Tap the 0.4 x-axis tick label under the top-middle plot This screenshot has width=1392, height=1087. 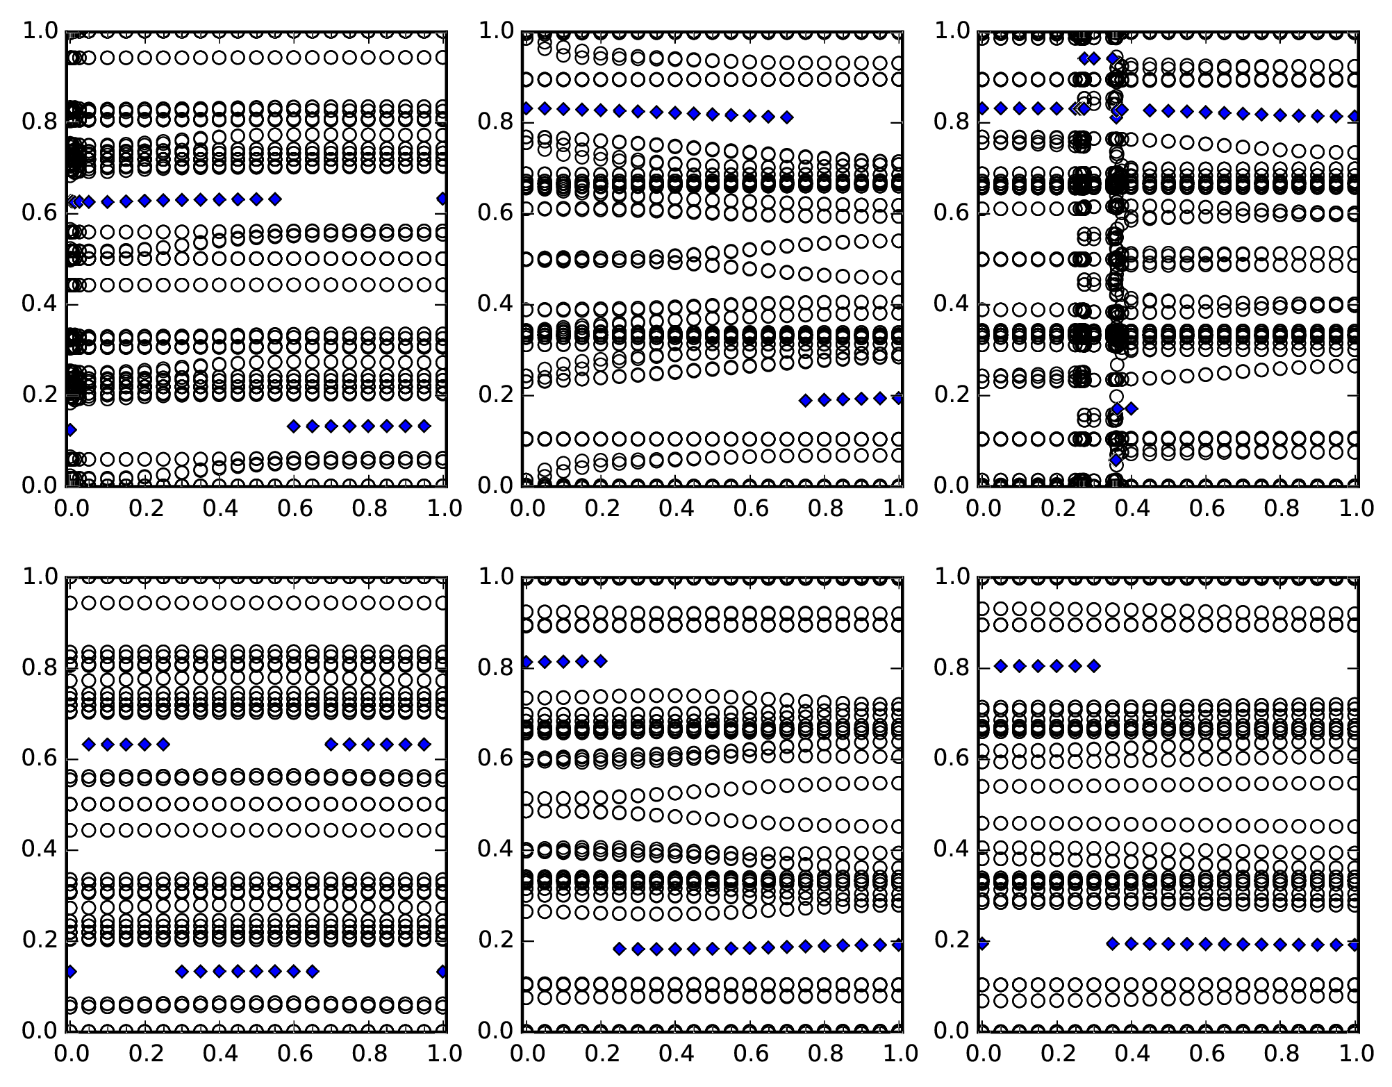[x=675, y=508]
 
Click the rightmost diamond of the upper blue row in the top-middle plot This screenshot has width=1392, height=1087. [x=786, y=117]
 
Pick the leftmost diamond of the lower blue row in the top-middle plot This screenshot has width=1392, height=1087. [x=805, y=400]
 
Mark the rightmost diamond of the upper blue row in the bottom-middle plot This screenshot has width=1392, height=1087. [x=601, y=661]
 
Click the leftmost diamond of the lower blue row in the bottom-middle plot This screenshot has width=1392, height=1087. [x=620, y=949]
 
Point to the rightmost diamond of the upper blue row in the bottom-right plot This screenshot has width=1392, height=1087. [x=1094, y=666]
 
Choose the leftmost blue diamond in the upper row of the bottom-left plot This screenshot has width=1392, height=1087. [x=88, y=745]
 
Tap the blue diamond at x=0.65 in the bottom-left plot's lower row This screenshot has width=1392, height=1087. [x=313, y=971]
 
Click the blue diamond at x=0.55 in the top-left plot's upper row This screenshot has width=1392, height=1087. [x=275, y=199]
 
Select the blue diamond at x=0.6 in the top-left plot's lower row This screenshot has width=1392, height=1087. [x=293, y=426]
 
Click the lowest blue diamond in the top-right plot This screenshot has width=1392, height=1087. [x=1116, y=460]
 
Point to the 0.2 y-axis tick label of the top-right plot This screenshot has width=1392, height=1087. [x=950, y=395]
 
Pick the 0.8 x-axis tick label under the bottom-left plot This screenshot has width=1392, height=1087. [x=368, y=1054]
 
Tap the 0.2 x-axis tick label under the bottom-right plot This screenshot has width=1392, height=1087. [x=1057, y=1054]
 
